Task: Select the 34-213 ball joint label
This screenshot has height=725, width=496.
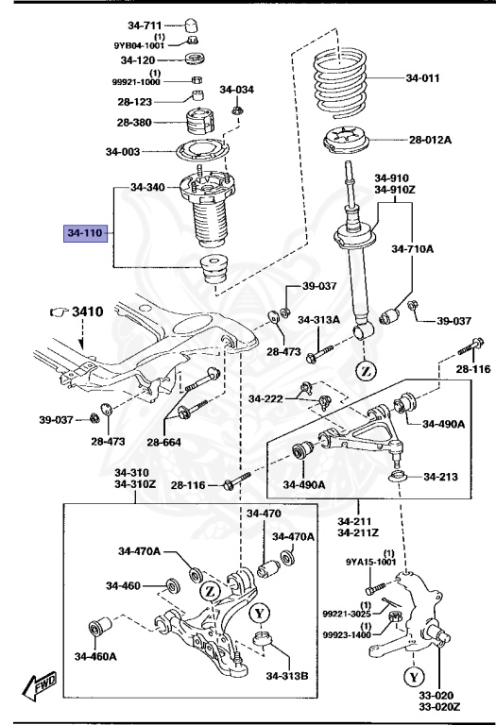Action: pyautogui.click(x=439, y=477)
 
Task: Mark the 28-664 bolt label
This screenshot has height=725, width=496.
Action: pyautogui.click(x=164, y=442)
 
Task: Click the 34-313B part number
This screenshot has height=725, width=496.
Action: pyautogui.click(x=285, y=675)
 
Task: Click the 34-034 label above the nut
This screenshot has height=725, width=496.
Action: pyautogui.click(x=237, y=90)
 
